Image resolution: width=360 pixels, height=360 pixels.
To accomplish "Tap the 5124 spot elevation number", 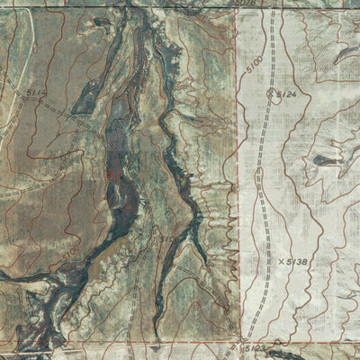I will (287, 94).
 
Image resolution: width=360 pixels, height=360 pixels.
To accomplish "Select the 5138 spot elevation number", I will (294, 262).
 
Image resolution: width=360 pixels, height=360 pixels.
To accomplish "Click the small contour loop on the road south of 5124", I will (258, 174).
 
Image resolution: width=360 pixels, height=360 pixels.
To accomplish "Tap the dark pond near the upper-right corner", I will (346, 54).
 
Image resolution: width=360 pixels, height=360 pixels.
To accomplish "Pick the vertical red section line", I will (238, 180).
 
